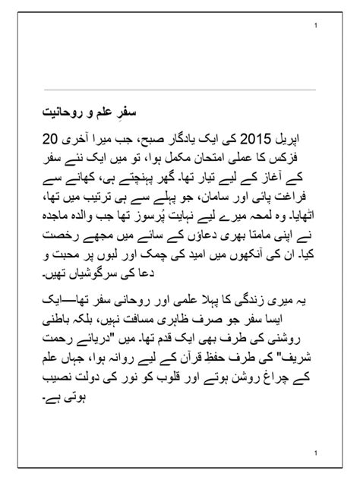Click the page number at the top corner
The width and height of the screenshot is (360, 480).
tap(315, 27)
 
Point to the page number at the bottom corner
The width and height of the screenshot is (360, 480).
tap(315, 453)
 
